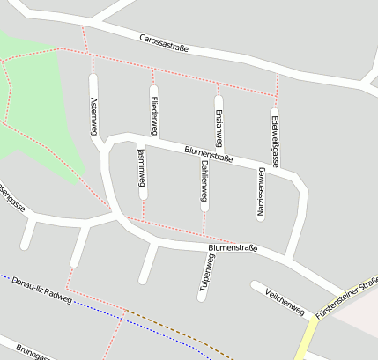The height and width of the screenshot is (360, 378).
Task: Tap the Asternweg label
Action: click(94, 114)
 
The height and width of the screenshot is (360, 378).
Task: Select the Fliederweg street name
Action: click(154, 114)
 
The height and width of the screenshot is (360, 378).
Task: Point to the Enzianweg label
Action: click(219, 125)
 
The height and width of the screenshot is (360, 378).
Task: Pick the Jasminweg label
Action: click(141, 166)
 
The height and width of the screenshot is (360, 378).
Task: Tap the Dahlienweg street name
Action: click(204, 182)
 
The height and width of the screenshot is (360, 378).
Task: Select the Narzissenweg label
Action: click(261, 191)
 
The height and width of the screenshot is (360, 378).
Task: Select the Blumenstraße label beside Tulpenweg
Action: click(233, 248)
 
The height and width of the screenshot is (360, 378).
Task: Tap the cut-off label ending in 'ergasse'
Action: click(12, 200)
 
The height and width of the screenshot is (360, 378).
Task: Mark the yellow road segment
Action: click(308, 339)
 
